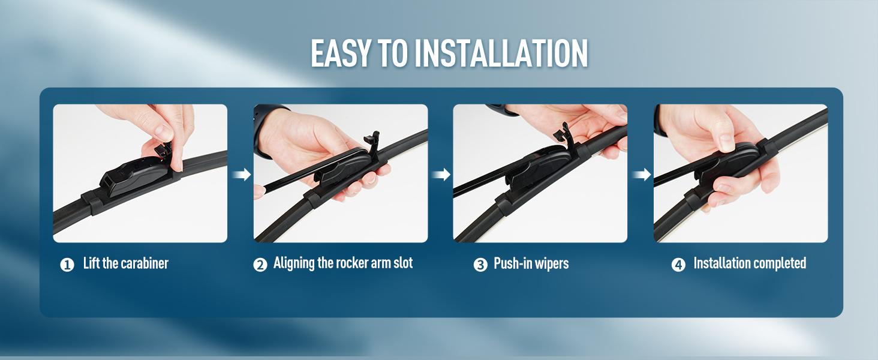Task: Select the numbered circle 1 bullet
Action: (67, 265)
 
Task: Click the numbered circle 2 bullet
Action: (260, 265)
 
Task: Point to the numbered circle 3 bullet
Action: (480, 265)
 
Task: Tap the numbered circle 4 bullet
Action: (678, 265)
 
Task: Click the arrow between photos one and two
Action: (241, 175)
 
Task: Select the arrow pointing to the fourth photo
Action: (641, 175)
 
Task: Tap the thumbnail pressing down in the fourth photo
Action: (726, 144)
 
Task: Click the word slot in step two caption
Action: (402, 263)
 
